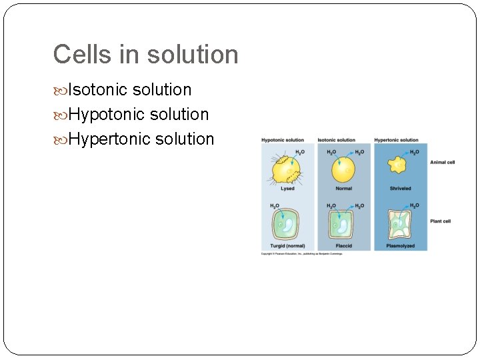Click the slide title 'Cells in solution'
click(145, 55)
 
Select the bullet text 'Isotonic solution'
click(129, 90)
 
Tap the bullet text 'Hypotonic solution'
click(138, 115)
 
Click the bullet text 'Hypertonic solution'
click(141, 139)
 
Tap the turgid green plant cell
click(287, 225)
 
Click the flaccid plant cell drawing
click(344, 225)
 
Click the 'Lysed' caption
click(287, 189)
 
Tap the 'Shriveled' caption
click(400, 189)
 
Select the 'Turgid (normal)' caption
click(287, 246)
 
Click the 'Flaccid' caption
click(344, 246)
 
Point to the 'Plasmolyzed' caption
click(400, 246)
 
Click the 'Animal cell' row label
click(442, 162)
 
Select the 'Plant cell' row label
click(441, 221)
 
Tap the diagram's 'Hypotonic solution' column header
click(283, 140)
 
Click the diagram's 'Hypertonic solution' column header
click(396, 140)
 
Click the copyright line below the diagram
click(301, 254)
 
